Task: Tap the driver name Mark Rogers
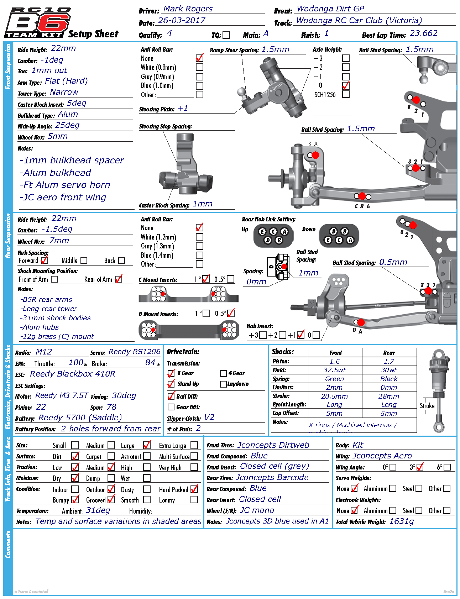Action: pyautogui.click(x=188, y=9)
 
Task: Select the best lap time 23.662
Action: pyautogui.click(x=423, y=33)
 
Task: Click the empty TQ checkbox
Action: pyautogui.click(x=226, y=35)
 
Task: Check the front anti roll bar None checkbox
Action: pyautogui.click(x=200, y=58)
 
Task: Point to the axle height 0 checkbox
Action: pyautogui.click(x=346, y=85)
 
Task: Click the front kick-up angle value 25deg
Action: pyautogui.click(x=67, y=125)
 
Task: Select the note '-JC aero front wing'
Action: pyautogui.click(x=63, y=198)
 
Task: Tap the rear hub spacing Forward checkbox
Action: pyautogui.click(x=44, y=261)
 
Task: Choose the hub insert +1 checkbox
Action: pyautogui.click(x=301, y=335)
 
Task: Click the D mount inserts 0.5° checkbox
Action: pyautogui.click(x=231, y=314)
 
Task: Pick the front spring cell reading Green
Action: pyautogui.click(x=334, y=379)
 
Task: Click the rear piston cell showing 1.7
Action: pyautogui.click(x=389, y=362)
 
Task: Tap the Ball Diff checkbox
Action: pyautogui.click(x=171, y=396)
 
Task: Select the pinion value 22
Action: pyautogui.click(x=41, y=407)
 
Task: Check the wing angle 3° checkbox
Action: pyautogui.click(x=420, y=467)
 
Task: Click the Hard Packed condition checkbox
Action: pyautogui.click(x=194, y=489)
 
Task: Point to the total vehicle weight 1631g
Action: pyautogui.click(x=402, y=521)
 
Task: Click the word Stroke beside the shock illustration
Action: pyautogui.click(x=427, y=406)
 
